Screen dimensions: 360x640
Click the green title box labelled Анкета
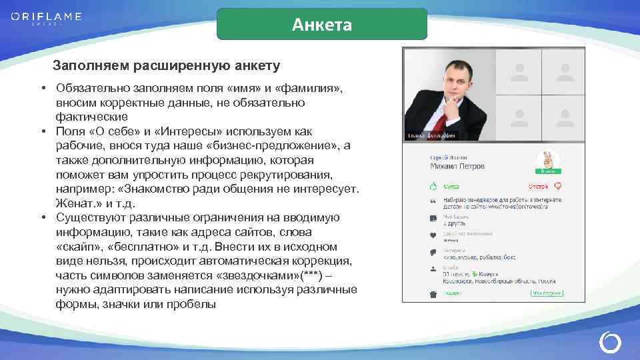(x=322, y=25)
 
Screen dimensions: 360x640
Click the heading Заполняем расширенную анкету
(x=166, y=67)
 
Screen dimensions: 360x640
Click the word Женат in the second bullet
(x=75, y=203)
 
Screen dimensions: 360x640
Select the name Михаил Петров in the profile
(x=448, y=166)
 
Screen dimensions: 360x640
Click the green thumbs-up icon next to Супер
(x=433, y=185)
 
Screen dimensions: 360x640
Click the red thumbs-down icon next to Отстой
(x=558, y=185)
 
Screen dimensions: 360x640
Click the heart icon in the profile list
(x=433, y=235)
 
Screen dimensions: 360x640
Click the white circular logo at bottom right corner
(x=610, y=341)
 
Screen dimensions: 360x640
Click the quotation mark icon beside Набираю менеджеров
(x=433, y=202)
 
